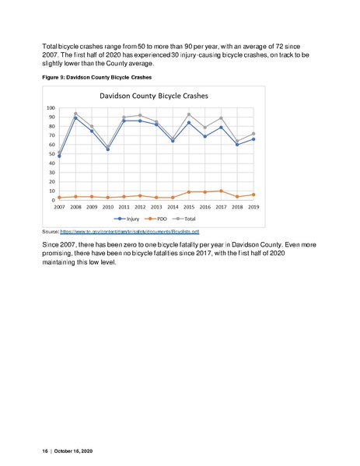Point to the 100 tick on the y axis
point(51,108)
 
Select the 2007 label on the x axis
point(59,208)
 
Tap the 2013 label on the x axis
point(157,208)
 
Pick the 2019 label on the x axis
point(254,208)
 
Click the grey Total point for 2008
point(75,114)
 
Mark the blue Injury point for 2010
point(108,149)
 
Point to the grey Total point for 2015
point(189,114)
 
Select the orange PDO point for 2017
point(222,191)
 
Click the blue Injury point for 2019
point(254,139)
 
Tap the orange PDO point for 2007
point(59,198)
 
